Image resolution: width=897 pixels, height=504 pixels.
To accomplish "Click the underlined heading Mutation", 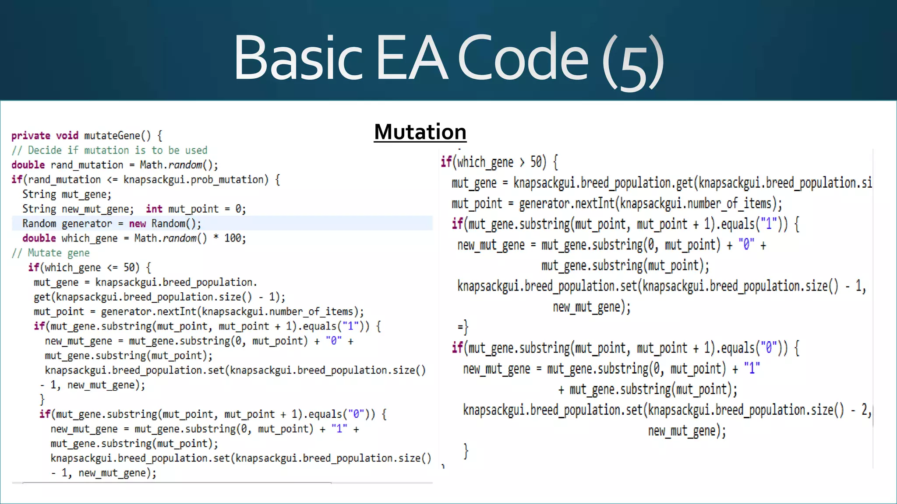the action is pos(420,132).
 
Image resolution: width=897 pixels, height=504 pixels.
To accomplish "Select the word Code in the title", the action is pos(523,58).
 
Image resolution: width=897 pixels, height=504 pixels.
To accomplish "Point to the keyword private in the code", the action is pos(31,136).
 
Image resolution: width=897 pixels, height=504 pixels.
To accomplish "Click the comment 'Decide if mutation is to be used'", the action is pos(117,150).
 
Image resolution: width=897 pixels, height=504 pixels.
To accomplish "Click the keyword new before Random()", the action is pos(137,224).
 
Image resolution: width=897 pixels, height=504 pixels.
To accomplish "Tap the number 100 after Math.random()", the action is pos(235,238).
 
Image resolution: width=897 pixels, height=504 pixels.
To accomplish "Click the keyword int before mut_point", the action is pos(154,209).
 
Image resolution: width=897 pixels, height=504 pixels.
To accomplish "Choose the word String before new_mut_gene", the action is pos(39,209).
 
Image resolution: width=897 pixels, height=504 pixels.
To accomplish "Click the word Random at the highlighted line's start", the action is pos(39,224).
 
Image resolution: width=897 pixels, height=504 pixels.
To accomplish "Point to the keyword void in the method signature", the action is pos(67,136).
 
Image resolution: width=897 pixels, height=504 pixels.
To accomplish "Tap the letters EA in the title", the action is pos(411,58).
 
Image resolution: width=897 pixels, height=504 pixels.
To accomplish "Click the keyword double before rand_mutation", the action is pos(28,165).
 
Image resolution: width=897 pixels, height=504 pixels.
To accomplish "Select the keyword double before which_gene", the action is pos(39,238).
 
